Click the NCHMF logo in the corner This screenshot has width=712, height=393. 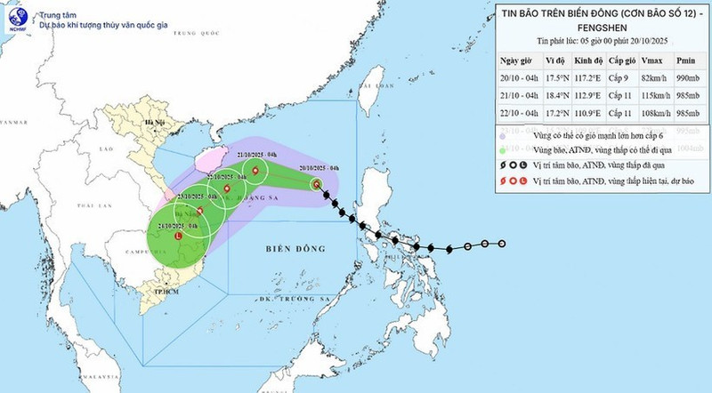pyautogui.click(x=16, y=19)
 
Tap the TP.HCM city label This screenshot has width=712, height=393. pyautogui.click(x=163, y=290)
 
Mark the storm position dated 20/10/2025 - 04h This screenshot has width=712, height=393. pyautogui.click(x=316, y=184)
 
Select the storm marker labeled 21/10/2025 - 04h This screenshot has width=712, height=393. pyautogui.click(x=256, y=171)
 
